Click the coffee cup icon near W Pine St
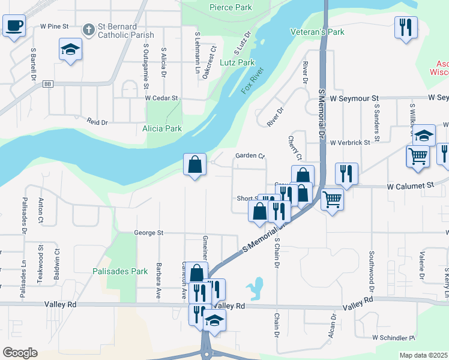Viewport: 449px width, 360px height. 14,26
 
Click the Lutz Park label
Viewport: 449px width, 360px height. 238,62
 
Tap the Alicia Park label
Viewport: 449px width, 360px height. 161,128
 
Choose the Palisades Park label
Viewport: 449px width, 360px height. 120,271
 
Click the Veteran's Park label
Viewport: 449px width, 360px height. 317,31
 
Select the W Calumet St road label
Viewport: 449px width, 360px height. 410,187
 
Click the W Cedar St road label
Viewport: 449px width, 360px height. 161,97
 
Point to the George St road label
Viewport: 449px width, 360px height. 148,232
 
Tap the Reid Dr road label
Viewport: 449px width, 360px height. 96,122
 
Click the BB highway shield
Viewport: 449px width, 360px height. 48,85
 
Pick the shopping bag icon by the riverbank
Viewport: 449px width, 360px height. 195,164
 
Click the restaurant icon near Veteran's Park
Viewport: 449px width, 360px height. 406,27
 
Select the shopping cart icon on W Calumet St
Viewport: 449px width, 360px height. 332,198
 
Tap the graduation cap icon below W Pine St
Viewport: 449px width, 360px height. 70,49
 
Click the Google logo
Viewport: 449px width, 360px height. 20,353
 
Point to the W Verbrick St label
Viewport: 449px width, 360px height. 353,143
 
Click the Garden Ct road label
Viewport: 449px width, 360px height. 250,156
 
